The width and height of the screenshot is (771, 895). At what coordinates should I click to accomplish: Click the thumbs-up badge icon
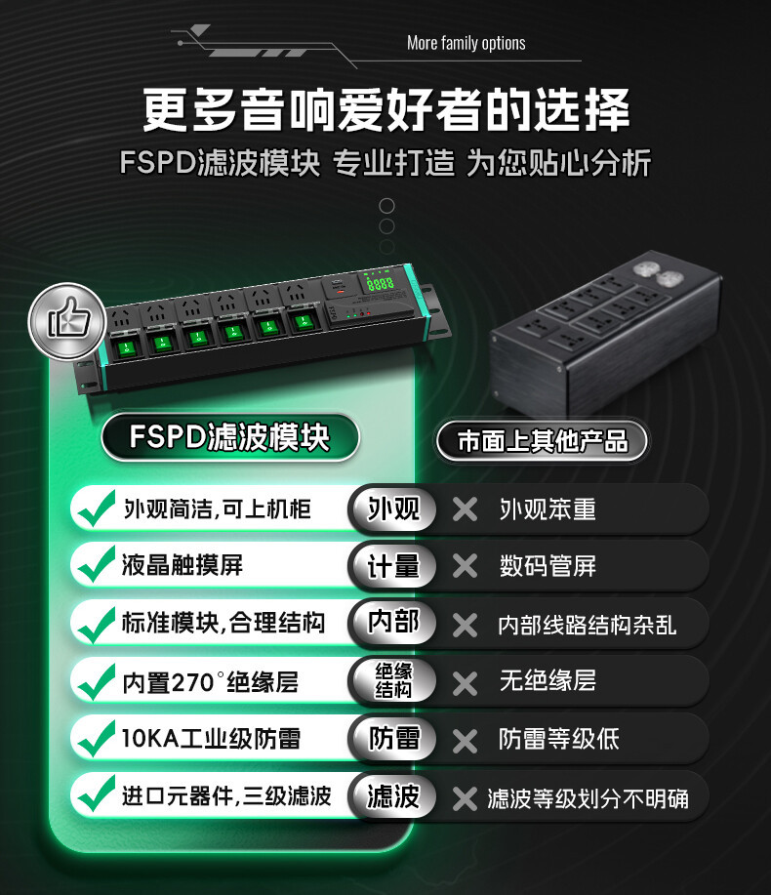point(68,321)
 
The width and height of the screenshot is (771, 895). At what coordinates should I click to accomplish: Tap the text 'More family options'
point(466,43)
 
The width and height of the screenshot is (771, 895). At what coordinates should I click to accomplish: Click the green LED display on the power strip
point(380,282)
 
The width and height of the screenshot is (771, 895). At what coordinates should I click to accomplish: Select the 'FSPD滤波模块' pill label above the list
point(230,437)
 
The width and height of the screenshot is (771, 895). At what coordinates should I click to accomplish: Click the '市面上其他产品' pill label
point(543,440)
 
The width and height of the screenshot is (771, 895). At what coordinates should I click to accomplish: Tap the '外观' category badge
point(393,508)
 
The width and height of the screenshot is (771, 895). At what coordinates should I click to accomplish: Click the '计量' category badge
point(393,566)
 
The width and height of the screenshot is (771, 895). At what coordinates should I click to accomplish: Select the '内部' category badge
point(393,623)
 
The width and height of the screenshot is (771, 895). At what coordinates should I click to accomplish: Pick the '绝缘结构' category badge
point(393,680)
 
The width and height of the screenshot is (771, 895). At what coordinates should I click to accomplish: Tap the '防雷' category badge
point(393,738)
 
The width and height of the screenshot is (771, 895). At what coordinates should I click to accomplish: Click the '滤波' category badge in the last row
point(393,795)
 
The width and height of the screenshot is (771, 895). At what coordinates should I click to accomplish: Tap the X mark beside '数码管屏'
point(466,566)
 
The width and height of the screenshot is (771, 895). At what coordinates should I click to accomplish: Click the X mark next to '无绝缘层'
point(466,682)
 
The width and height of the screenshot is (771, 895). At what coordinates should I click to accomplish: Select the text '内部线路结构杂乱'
point(587,625)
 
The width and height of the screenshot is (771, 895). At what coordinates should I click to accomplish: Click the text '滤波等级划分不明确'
point(588,798)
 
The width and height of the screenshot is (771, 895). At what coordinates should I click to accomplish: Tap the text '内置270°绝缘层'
point(210,681)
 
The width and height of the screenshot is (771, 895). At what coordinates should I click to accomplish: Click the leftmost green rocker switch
point(127,347)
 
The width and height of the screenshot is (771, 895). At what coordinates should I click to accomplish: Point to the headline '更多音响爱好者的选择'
point(385,109)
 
